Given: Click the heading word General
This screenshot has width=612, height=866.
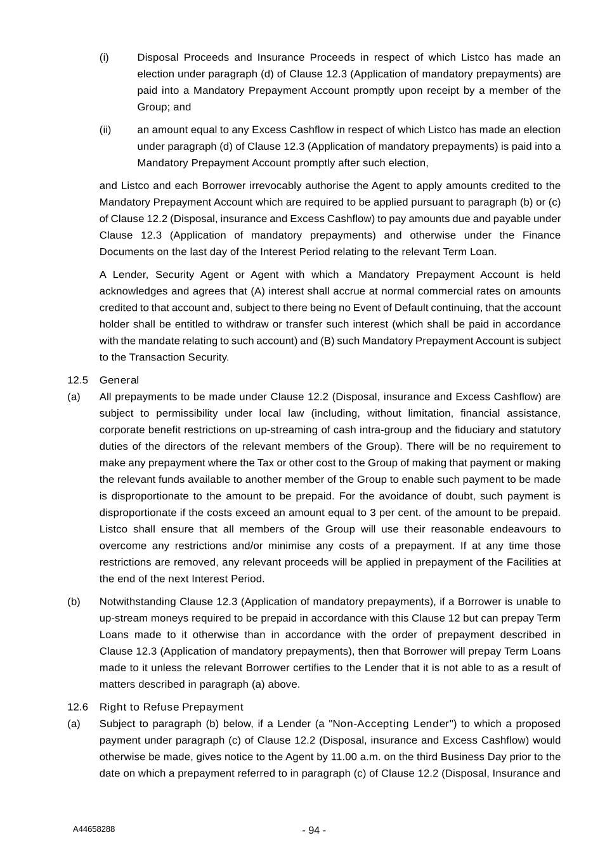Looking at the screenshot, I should point(119,380).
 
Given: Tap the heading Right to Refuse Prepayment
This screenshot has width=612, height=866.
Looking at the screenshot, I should point(171,707).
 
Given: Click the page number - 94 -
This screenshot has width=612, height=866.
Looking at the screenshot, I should point(314,830).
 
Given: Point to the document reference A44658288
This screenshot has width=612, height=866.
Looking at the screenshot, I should point(94,829).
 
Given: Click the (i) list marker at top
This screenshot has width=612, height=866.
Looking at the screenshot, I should point(104,58).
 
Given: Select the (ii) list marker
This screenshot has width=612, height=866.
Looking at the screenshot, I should point(105,130).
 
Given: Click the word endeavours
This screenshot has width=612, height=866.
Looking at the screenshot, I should point(531,529).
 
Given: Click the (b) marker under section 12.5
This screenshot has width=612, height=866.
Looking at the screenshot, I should point(74,601).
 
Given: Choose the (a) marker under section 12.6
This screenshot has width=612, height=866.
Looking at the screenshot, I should point(74,724).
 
